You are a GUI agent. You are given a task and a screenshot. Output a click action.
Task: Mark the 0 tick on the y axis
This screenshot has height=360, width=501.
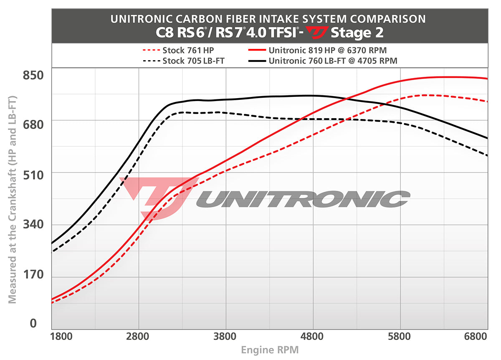pos(33,323)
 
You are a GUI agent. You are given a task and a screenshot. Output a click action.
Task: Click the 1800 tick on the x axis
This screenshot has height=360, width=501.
pos(62,336)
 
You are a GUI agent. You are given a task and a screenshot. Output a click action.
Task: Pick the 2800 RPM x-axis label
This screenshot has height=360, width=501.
pos(138,336)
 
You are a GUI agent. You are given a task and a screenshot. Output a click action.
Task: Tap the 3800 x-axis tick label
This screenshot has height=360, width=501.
pos(225,336)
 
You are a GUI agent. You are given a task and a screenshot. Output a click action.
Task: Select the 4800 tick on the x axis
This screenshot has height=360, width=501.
pos(313,336)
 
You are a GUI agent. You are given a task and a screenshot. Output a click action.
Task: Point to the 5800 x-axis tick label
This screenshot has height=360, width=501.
pos(400,336)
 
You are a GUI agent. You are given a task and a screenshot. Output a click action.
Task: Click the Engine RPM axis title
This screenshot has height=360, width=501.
pos(270,350)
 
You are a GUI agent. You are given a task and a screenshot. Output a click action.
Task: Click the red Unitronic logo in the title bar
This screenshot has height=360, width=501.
pos(317,32)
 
